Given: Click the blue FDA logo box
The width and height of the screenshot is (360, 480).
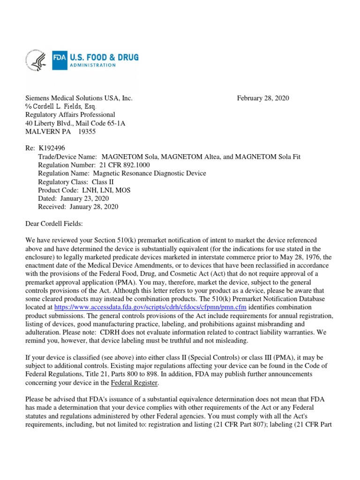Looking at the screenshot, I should click(60, 60).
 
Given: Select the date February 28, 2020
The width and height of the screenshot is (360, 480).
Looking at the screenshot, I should click(262, 98).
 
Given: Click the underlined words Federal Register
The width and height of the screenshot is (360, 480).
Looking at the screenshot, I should click(134, 383).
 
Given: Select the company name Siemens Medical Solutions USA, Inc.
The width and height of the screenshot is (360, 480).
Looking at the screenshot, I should click(79, 98).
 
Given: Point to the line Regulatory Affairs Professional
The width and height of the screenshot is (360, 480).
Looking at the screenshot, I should click(70, 115).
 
